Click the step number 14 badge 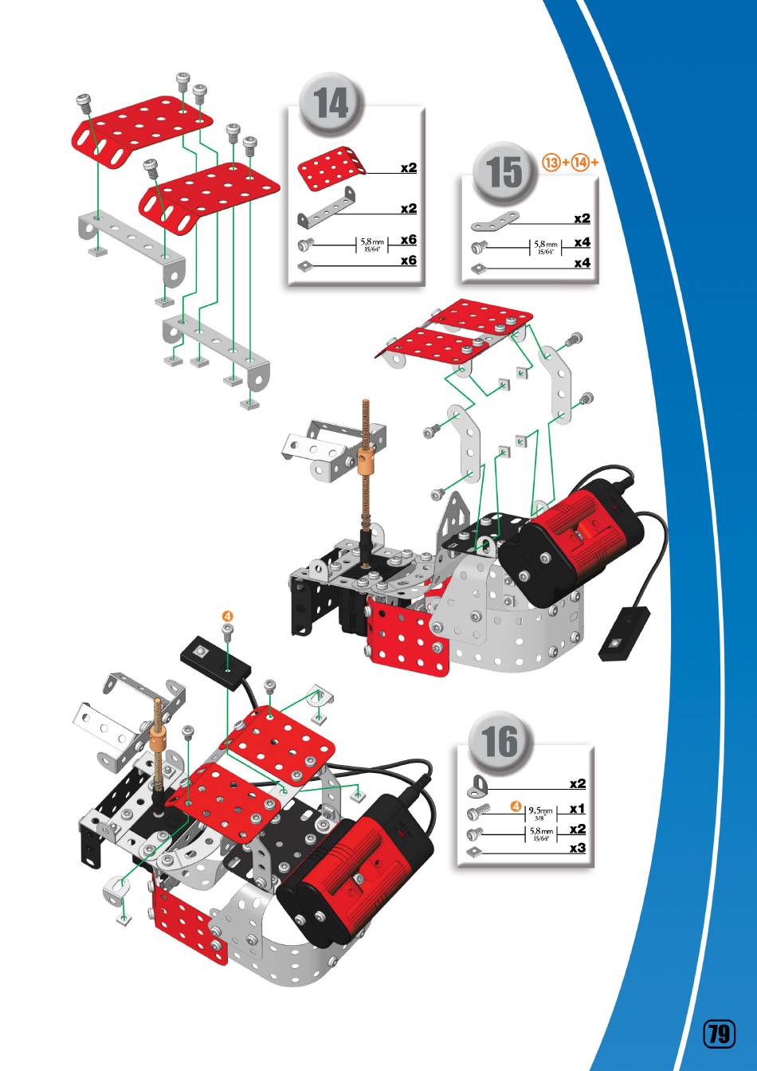(331, 104)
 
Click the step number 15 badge (504, 173)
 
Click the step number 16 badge (500, 742)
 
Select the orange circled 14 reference (581, 163)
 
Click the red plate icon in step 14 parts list (331, 167)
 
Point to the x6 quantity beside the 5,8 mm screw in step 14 (409, 240)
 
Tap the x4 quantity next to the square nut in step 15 (582, 263)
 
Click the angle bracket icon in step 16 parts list (477, 787)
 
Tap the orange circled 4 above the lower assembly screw (228, 616)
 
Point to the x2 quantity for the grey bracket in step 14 (409, 209)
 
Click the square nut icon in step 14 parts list (304, 265)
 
